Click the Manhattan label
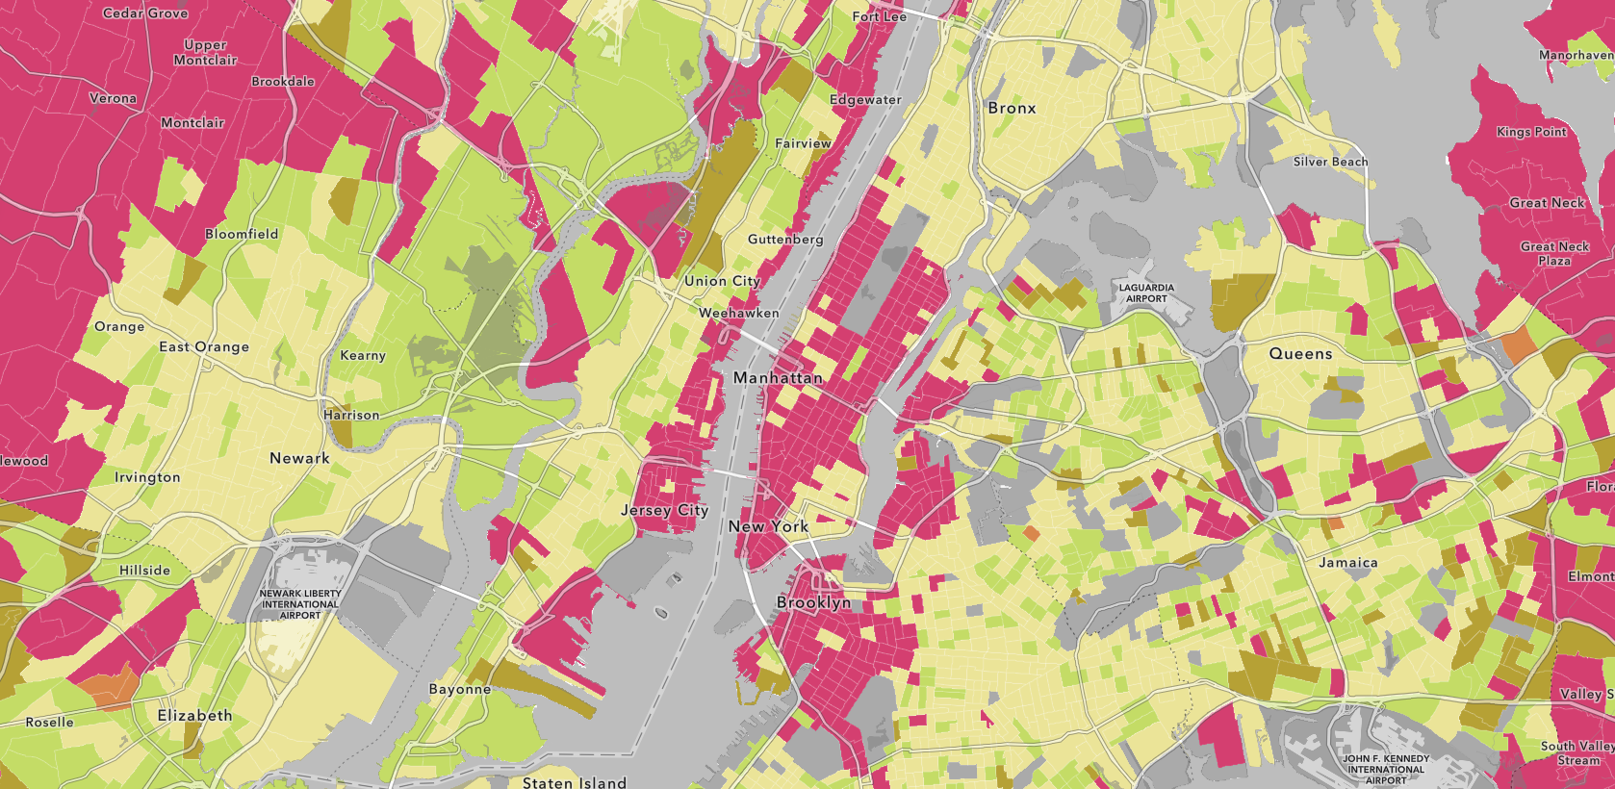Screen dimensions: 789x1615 pyautogui.click(x=778, y=378)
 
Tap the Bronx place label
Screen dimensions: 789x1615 pyautogui.click(x=1012, y=108)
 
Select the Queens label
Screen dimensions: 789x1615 pyautogui.click(x=1300, y=354)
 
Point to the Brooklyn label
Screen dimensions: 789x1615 pyautogui.click(x=813, y=602)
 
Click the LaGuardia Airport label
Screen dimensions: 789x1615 pyautogui.click(x=1146, y=293)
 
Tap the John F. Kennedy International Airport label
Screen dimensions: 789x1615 pyautogui.click(x=1385, y=769)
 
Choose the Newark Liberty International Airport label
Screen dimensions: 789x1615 pyautogui.click(x=299, y=604)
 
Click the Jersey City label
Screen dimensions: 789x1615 pyautogui.click(x=664, y=510)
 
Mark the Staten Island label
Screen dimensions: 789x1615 pyautogui.click(x=574, y=782)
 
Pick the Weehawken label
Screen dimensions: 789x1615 pyautogui.click(x=738, y=313)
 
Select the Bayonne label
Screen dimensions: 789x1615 pyautogui.click(x=459, y=689)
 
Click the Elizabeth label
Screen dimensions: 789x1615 pyautogui.click(x=194, y=715)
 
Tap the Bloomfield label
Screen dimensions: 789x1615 pyautogui.click(x=242, y=234)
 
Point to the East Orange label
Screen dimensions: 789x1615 pyautogui.click(x=204, y=346)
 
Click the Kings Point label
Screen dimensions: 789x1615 pyautogui.click(x=1531, y=132)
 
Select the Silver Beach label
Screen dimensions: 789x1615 pyautogui.click(x=1330, y=162)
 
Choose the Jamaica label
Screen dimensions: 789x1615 pyautogui.click(x=1347, y=563)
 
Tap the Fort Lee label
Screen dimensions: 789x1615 pyautogui.click(x=879, y=16)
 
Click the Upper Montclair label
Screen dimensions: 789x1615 pyautogui.click(x=205, y=52)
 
